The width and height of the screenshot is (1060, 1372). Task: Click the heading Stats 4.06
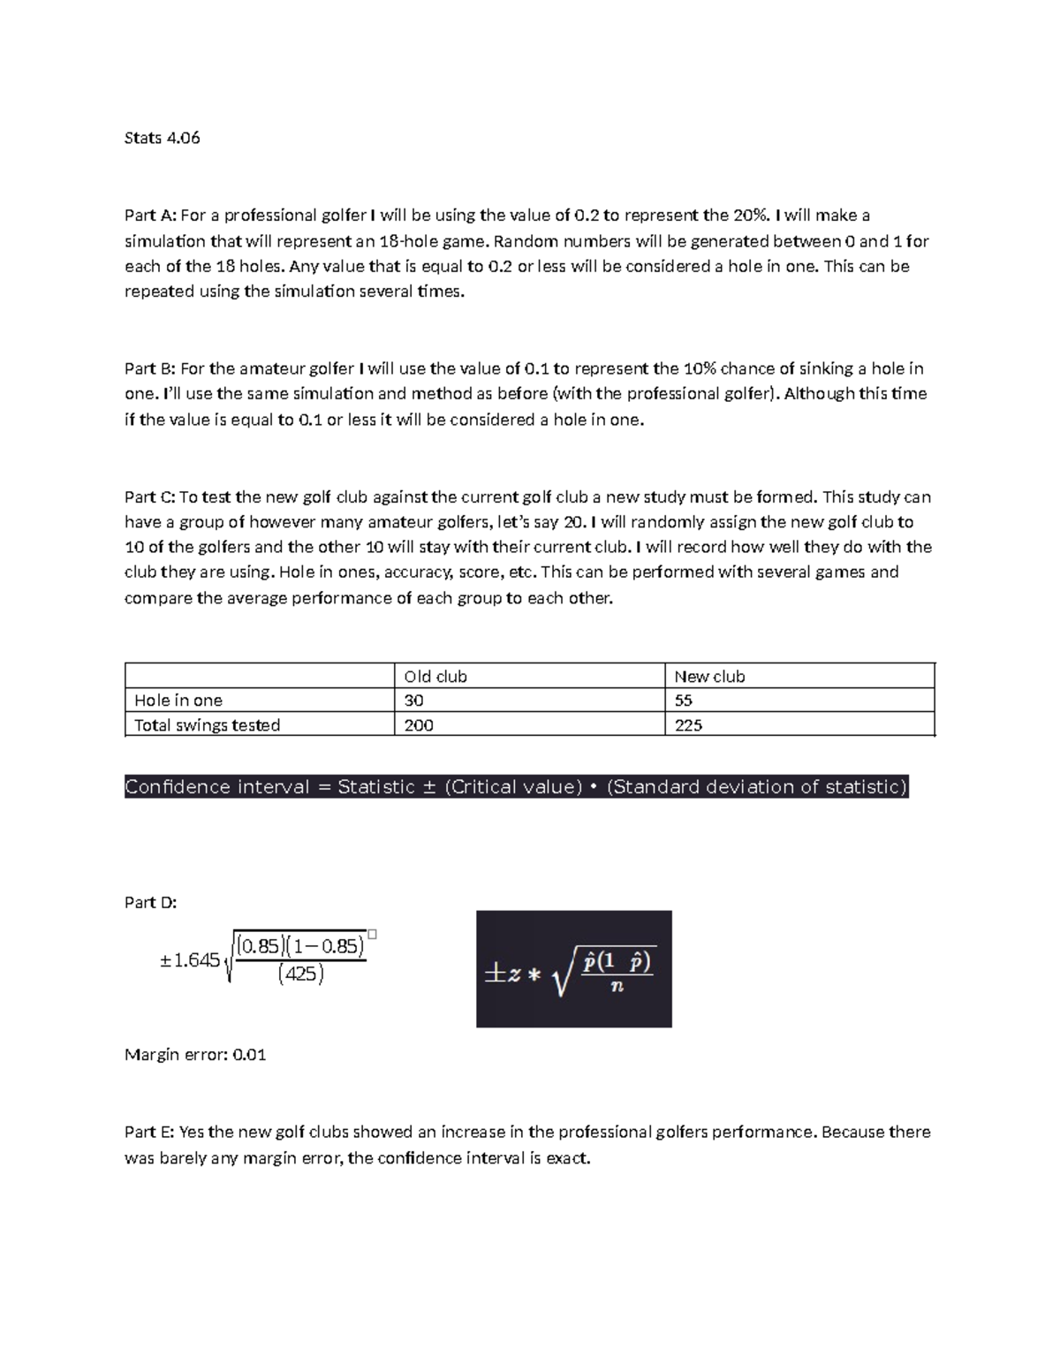click(x=163, y=138)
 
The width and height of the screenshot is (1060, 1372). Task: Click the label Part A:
click(x=150, y=216)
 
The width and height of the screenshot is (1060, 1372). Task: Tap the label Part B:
click(x=150, y=368)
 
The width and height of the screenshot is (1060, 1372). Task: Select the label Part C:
click(x=150, y=497)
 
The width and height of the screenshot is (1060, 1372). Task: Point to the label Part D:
click(x=151, y=902)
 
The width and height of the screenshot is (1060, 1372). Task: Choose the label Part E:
click(x=149, y=1132)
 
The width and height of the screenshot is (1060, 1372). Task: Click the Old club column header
click(x=435, y=677)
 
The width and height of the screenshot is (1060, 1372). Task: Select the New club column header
click(x=709, y=677)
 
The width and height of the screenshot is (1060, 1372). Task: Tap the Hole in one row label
click(x=178, y=701)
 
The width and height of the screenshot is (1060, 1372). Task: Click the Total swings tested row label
click(x=207, y=725)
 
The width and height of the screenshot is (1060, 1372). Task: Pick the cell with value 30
click(x=413, y=701)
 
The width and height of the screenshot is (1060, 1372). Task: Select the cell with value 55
click(x=683, y=701)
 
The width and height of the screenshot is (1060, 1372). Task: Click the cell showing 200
click(x=419, y=725)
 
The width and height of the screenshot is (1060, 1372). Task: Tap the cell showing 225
click(x=688, y=725)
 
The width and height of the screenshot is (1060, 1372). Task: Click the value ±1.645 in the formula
click(x=190, y=960)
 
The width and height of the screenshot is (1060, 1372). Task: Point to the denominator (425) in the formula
click(x=300, y=975)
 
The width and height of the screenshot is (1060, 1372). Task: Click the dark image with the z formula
click(x=573, y=968)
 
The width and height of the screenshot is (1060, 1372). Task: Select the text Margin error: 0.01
click(x=195, y=1055)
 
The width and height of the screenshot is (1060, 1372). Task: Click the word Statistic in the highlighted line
click(x=376, y=787)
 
